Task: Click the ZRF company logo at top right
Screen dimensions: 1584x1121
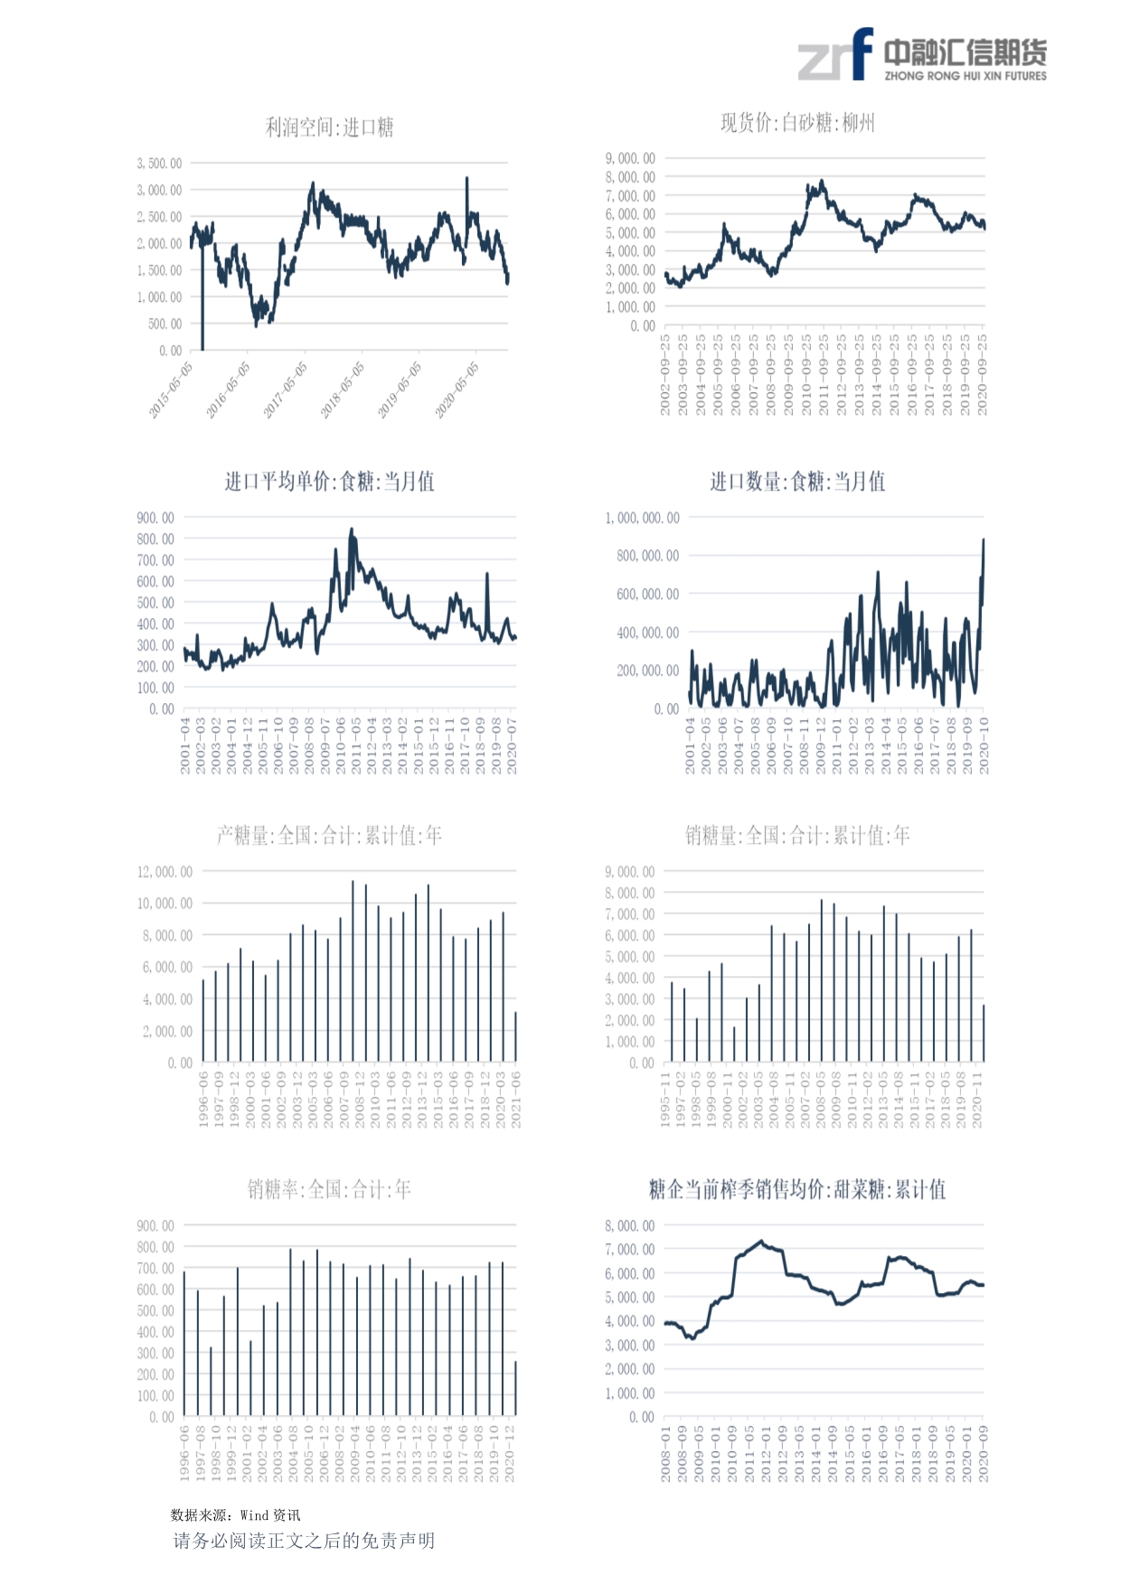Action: (921, 56)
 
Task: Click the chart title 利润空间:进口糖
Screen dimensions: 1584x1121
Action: (329, 127)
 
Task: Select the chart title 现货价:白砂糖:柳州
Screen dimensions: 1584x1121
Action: (797, 123)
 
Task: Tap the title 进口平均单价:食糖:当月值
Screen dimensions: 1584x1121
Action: (329, 482)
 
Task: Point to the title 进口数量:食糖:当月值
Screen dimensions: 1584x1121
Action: (797, 482)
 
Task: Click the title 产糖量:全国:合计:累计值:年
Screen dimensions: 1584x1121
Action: (329, 836)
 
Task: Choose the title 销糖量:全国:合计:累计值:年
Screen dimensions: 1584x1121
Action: (797, 836)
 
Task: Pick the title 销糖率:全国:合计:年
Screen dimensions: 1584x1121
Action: (329, 1189)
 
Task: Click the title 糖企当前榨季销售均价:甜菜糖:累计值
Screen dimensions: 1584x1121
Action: (797, 1189)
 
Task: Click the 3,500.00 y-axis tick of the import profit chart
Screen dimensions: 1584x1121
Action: (159, 164)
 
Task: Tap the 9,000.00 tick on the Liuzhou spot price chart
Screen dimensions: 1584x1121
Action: (630, 159)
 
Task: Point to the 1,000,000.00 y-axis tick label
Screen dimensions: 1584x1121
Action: (642, 518)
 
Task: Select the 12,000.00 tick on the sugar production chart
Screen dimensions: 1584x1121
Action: (165, 872)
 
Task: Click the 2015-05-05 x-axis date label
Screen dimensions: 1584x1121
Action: (171, 389)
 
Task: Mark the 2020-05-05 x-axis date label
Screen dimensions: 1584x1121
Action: (457, 389)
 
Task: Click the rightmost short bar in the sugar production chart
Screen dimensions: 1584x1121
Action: (515, 1036)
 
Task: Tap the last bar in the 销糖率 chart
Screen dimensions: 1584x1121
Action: (515, 1388)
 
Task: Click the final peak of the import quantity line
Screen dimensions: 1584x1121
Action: (984, 541)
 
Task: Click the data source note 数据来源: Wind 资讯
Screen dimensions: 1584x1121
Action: (235, 1515)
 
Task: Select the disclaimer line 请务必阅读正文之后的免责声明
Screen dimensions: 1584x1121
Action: (304, 1541)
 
